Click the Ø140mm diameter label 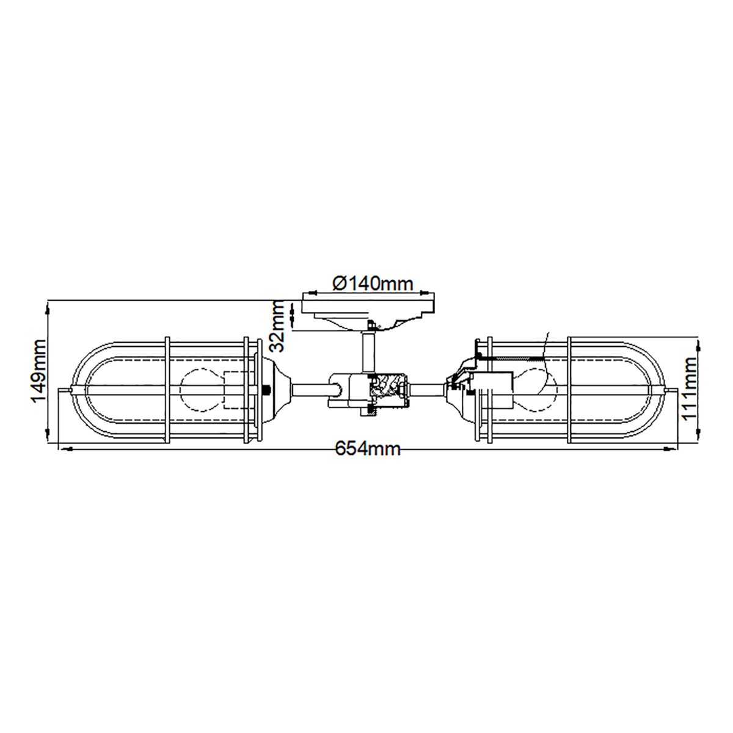373,283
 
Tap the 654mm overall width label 368,450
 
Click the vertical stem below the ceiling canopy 369,351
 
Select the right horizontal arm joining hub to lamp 428,388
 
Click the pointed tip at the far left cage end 61,390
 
